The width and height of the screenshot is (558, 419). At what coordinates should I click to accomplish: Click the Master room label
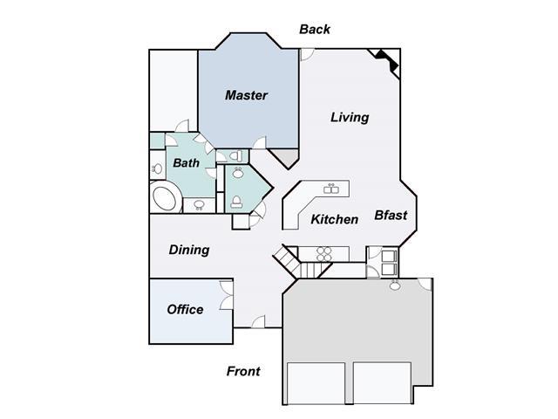point(246,95)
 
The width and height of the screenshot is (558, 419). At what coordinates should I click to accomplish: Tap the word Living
point(350,117)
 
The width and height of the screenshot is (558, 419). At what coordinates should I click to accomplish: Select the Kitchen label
point(335,219)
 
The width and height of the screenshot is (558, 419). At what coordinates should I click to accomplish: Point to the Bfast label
point(391,216)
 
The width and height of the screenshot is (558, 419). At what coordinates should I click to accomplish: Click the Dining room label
point(189,250)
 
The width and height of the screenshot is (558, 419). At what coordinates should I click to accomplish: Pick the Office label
point(185,309)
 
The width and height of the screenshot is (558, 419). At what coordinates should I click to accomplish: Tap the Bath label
point(186,163)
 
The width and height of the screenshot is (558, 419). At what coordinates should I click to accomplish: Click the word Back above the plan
point(315,29)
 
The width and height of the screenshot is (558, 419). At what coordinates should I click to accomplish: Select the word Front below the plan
point(243,371)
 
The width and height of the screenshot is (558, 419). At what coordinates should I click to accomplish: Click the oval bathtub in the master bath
point(165,197)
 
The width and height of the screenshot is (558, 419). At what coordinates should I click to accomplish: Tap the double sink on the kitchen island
point(331,189)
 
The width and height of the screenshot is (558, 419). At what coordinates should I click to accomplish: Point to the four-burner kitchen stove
point(323,254)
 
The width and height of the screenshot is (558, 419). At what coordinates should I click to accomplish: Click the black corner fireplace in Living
point(387,60)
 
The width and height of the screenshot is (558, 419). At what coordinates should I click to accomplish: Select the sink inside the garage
point(394,285)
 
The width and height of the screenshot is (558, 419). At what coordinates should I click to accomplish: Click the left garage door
point(316,383)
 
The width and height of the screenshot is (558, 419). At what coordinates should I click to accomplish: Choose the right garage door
point(382,383)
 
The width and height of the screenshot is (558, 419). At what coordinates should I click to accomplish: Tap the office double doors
point(227,295)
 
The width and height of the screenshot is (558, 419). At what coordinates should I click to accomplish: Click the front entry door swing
point(258,321)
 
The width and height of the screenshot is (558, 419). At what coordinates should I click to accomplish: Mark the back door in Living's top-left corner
point(307,54)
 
